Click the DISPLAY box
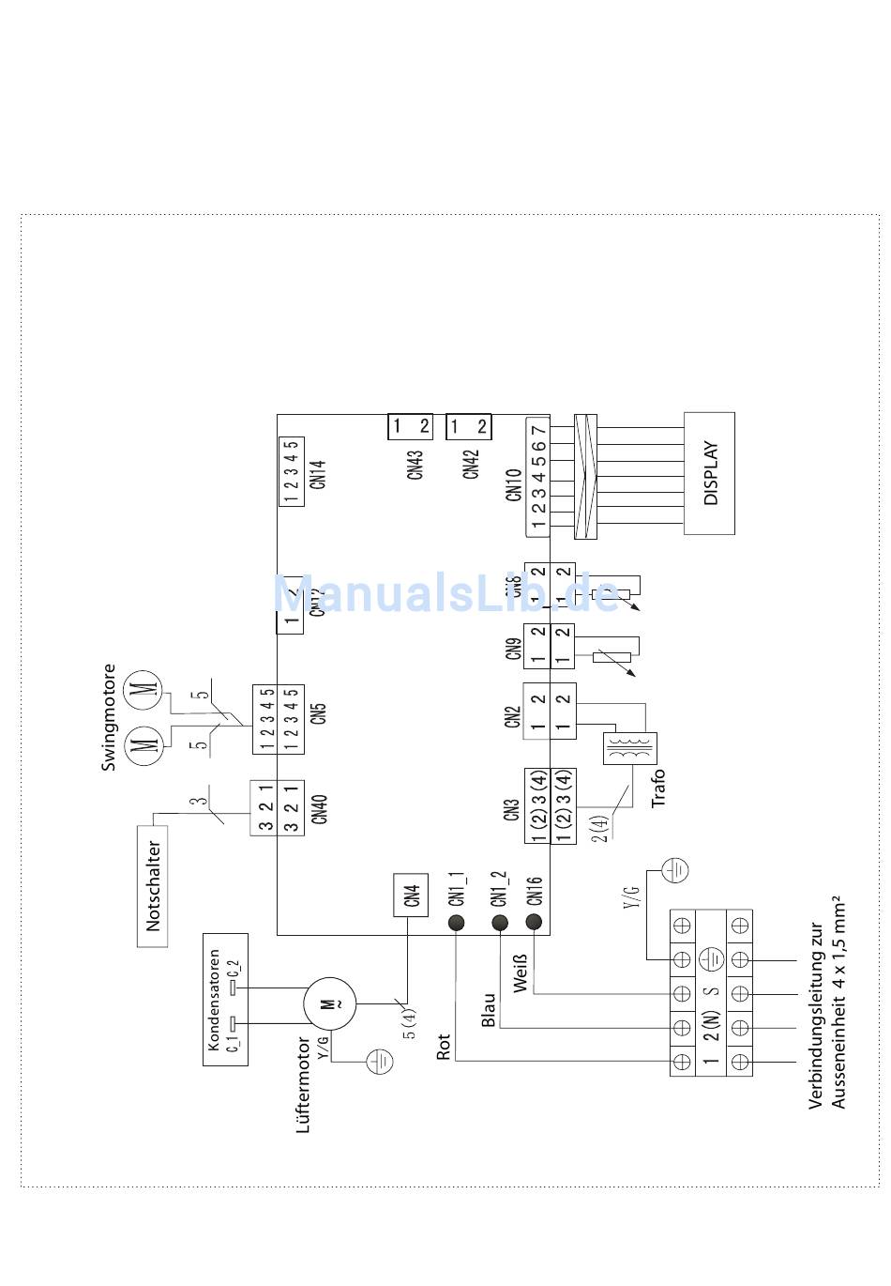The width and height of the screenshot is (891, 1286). tap(709, 473)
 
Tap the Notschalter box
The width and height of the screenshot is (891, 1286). tap(153, 885)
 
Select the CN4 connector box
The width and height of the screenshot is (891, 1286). tap(411, 895)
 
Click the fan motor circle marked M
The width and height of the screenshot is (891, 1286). tap(328, 1003)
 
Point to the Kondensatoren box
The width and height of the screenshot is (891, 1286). tap(225, 999)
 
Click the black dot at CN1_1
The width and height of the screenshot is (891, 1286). tap(457, 922)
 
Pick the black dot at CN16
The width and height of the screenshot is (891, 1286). tap(534, 922)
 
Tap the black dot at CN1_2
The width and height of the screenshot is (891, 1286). tap(499, 922)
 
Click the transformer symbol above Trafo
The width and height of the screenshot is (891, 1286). tap(630, 748)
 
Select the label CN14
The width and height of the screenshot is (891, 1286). tap(318, 472)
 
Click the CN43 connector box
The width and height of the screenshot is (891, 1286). tap(410, 427)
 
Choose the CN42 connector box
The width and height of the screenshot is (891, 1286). tap(468, 427)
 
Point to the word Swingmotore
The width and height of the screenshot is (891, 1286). tap(109, 717)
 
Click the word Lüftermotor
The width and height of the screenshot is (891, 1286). tap(302, 1084)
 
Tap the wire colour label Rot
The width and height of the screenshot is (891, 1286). tap(444, 1048)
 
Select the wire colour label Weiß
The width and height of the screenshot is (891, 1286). tap(521, 972)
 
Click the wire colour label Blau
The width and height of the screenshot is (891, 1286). tap(488, 1010)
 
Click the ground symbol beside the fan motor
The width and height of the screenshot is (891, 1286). tap(379, 1062)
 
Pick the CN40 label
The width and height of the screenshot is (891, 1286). tap(320, 808)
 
